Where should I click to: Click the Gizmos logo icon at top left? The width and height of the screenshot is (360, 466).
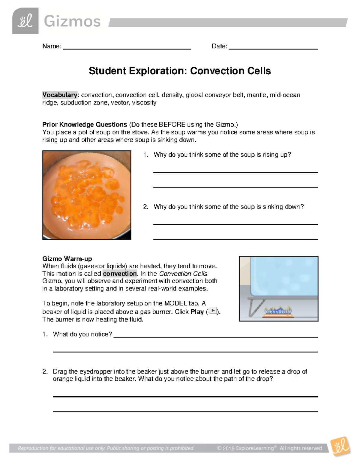click(25, 21)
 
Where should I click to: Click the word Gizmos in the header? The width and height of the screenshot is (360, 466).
click(72, 22)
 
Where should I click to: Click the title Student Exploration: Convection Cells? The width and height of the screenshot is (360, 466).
click(180, 71)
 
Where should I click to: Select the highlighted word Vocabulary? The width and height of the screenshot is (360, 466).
click(60, 95)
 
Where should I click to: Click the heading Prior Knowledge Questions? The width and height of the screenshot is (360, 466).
click(85, 125)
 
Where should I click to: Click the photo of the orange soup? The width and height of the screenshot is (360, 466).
click(87, 195)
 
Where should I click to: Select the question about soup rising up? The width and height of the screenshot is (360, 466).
click(222, 155)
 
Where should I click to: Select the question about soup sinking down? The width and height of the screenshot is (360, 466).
click(228, 207)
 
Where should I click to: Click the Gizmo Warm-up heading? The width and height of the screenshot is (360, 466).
click(67, 259)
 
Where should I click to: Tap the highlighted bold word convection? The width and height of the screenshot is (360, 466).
click(120, 274)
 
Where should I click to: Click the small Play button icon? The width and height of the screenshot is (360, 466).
click(213, 311)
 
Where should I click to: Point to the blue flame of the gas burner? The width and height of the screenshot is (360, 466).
click(277, 310)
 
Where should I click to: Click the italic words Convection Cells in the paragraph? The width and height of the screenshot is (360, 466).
click(183, 274)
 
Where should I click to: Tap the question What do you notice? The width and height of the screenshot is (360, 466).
click(82, 334)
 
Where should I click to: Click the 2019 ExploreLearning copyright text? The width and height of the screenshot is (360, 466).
click(269, 448)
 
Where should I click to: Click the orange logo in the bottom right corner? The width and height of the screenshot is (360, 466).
click(340, 446)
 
